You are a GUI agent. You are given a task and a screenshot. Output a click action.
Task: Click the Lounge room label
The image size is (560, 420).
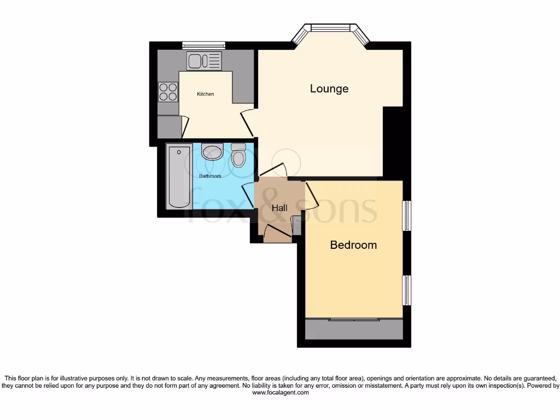click(x=329, y=89)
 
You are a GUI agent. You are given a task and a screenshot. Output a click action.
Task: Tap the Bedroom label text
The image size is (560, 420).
click(x=353, y=245)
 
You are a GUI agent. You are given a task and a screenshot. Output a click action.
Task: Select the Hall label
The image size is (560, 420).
click(x=279, y=208)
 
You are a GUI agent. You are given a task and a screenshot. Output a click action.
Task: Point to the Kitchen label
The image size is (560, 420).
click(x=206, y=94)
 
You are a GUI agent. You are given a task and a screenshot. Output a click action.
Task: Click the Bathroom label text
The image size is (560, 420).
click(x=210, y=176)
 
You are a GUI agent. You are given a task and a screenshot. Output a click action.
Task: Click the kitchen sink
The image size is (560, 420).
click(x=204, y=61)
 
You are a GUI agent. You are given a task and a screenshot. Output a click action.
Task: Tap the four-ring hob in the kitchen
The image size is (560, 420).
click(x=168, y=92)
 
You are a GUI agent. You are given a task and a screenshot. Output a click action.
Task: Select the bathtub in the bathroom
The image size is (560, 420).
click(x=179, y=176)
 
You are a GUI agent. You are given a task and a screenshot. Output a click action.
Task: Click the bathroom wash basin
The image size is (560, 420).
click(x=212, y=152)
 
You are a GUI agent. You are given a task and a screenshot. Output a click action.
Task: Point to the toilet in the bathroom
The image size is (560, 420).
click(x=238, y=155)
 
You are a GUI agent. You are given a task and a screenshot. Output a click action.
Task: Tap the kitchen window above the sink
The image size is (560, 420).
click(x=203, y=45)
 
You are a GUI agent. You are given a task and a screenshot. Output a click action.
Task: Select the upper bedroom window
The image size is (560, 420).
click(x=407, y=215)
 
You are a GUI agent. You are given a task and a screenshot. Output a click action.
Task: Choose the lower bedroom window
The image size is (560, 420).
click(x=407, y=290)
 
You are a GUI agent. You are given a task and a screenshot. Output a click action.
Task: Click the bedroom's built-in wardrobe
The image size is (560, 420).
click(x=354, y=330)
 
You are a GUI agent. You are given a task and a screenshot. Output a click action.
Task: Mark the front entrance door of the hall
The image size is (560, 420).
click(x=278, y=234)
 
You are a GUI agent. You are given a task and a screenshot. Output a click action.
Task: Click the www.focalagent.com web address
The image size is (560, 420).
click(x=280, y=393)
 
